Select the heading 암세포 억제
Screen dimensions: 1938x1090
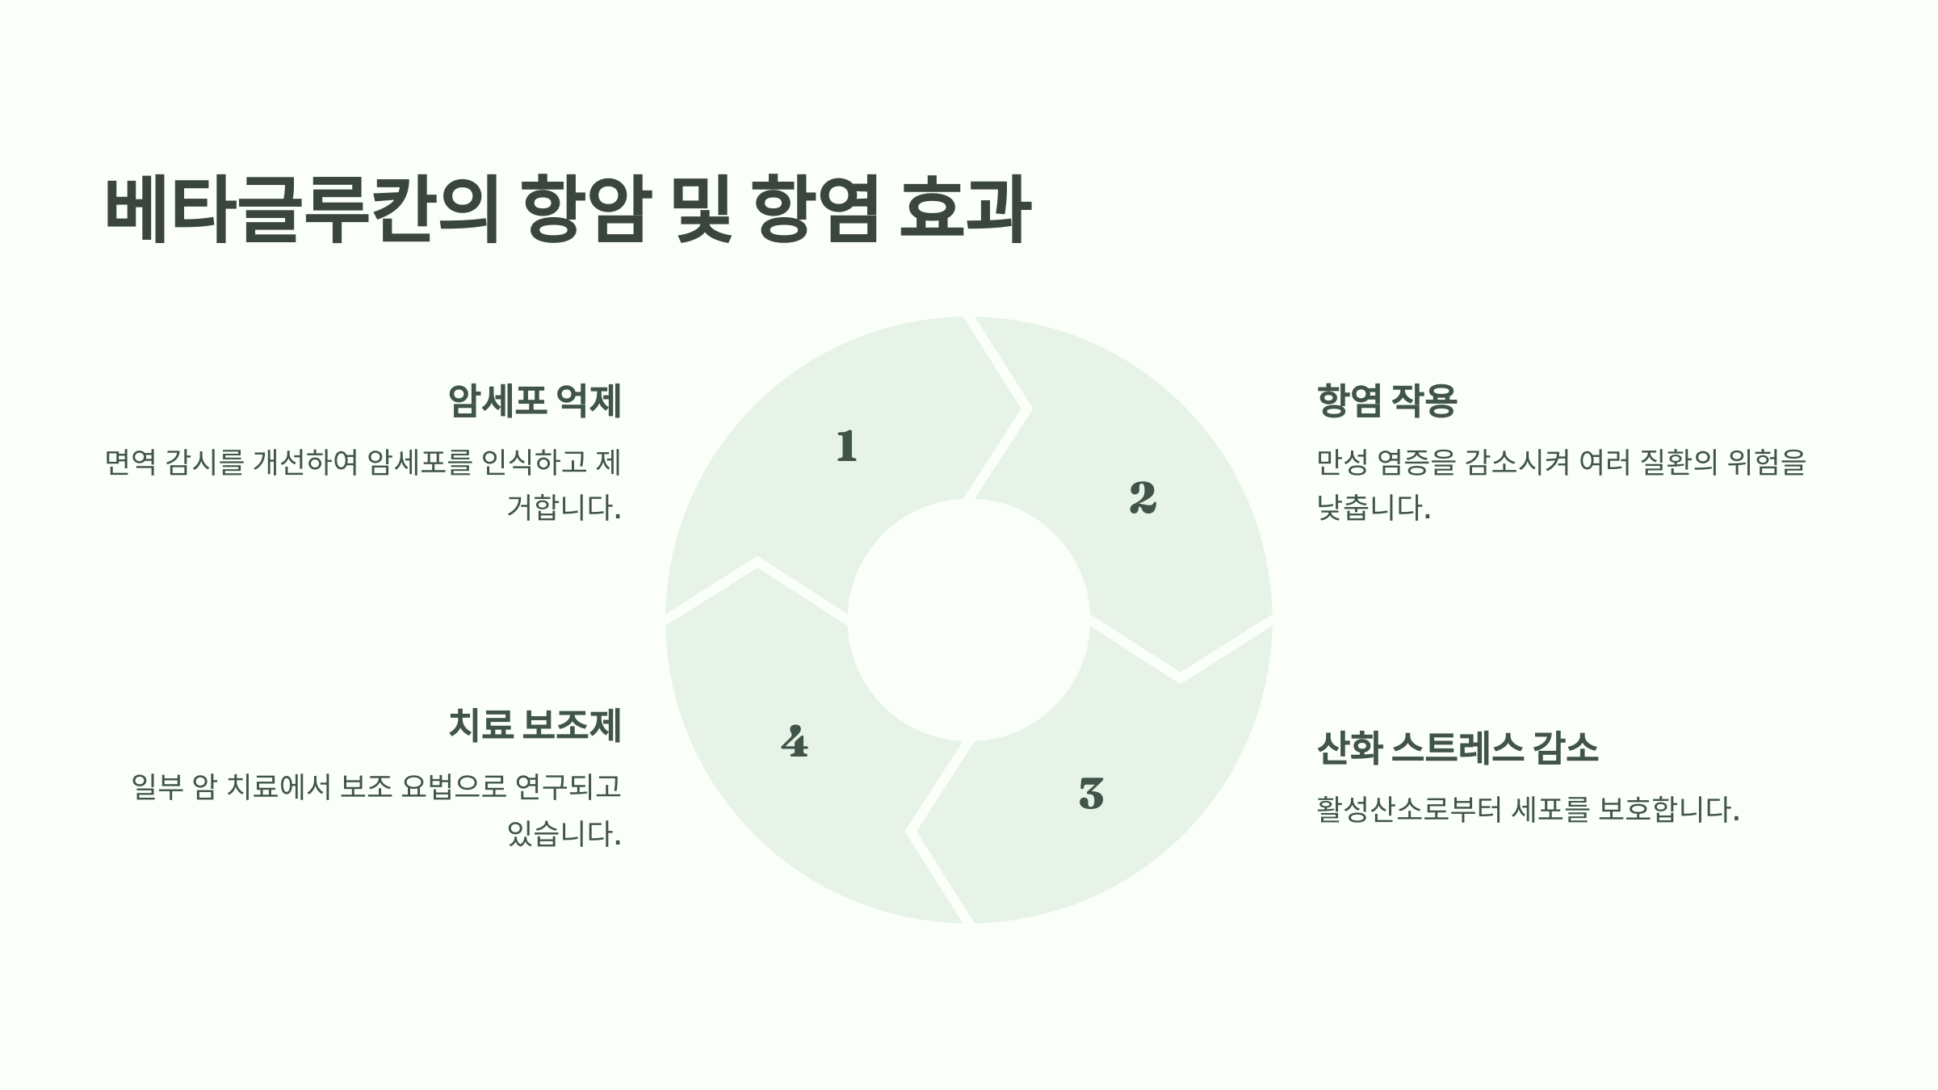pyautogui.click(x=535, y=400)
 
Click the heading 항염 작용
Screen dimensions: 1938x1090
pyautogui.click(x=1386, y=400)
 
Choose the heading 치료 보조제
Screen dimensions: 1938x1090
pyautogui.click(x=535, y=724)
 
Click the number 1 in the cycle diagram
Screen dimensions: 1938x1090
pyautogui.click(x=846, y=446)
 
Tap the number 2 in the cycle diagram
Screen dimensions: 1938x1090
pyautogui.click(x=1143, y=497)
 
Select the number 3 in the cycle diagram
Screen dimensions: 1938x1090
pyautogui.click(x=1091, y=793)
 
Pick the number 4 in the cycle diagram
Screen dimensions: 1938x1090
pyautogui.click(x=795, y=741)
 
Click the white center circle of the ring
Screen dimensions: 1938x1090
pyautogui.click(x=968, y=619)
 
